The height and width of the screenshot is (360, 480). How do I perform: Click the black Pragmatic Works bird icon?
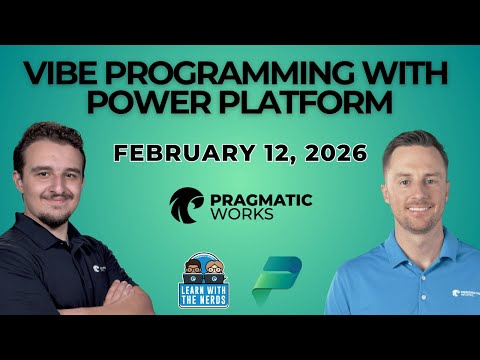click(x=187, y=204)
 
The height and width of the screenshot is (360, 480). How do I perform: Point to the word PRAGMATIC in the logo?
click(x=262, y=198)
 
